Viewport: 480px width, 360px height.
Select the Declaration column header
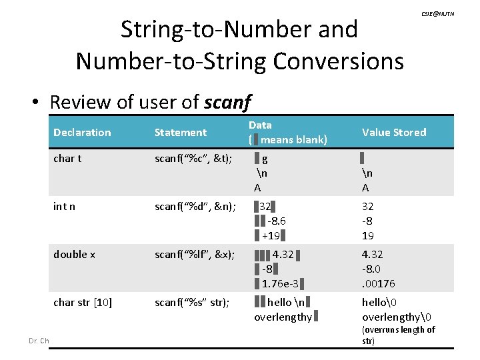[82, 132]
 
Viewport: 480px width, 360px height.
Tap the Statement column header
[181, 132]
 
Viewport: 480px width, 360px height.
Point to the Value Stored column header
[394, 132]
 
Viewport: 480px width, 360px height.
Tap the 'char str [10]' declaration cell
[83, 302]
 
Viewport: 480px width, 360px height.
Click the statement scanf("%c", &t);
[193, 159]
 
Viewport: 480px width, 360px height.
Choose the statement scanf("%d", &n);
[194, 206]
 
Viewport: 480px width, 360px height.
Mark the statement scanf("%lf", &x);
[193, 254]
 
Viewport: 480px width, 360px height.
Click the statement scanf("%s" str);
[192, 302]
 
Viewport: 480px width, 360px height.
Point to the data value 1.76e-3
[279, 283]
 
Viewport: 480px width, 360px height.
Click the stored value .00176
[378, 283]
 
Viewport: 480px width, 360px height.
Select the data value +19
[271, 235]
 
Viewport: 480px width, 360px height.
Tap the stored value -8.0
[372, 269]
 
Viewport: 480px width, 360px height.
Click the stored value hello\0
[379, 302]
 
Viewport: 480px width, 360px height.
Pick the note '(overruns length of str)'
[398, 335]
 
